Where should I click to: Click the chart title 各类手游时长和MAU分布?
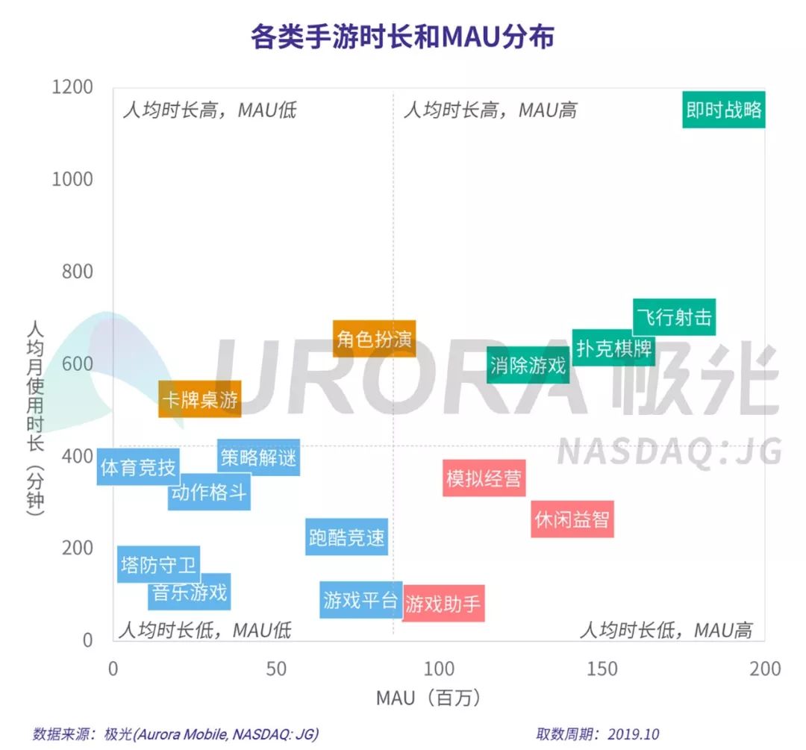402,37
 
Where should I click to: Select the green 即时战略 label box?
724,110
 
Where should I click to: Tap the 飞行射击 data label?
674,317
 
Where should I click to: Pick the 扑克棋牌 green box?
613,348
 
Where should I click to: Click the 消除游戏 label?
528,366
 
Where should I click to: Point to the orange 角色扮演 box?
374,339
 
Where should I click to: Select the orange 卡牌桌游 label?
199,399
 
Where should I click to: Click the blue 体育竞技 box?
138,467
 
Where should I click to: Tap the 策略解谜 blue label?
258,457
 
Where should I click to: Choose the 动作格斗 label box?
208,492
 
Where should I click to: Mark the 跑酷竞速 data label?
347,537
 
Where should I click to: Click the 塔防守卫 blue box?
158,564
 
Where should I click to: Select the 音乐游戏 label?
189,592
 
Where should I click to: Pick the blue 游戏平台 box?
360,599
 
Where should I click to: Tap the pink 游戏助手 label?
443,603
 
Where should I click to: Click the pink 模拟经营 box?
484,478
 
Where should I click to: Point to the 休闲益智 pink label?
572,519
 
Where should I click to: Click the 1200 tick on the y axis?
72,87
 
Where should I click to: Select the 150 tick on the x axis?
601,669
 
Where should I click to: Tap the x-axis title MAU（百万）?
428,698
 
